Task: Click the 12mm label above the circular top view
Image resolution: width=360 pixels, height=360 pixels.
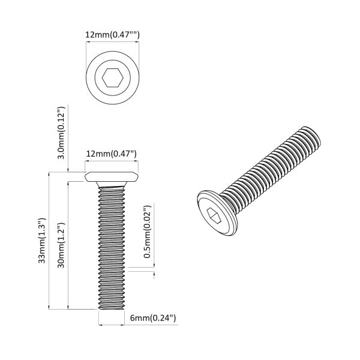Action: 113,35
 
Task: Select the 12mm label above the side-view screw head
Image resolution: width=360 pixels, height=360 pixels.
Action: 112,155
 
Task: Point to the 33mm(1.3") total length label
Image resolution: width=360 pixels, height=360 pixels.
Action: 41,240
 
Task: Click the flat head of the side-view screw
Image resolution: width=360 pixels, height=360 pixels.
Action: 113,178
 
